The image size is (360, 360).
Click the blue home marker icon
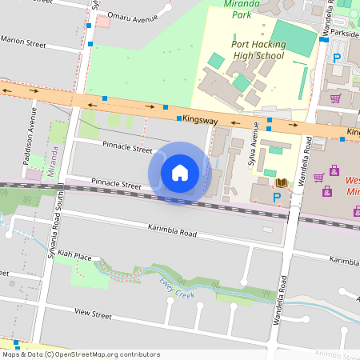(x=180, y=173)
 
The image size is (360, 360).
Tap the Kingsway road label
(x=200, y=119)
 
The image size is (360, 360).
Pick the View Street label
(x=92, y=315)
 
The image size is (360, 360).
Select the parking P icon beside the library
(x=277, y=197)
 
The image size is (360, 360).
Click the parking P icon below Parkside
(x=337, y=58)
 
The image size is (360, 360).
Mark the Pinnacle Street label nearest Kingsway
(x=127, y=149)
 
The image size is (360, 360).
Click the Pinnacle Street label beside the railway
(x=116, y=184)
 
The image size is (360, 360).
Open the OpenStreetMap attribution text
(x=81, y=354)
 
